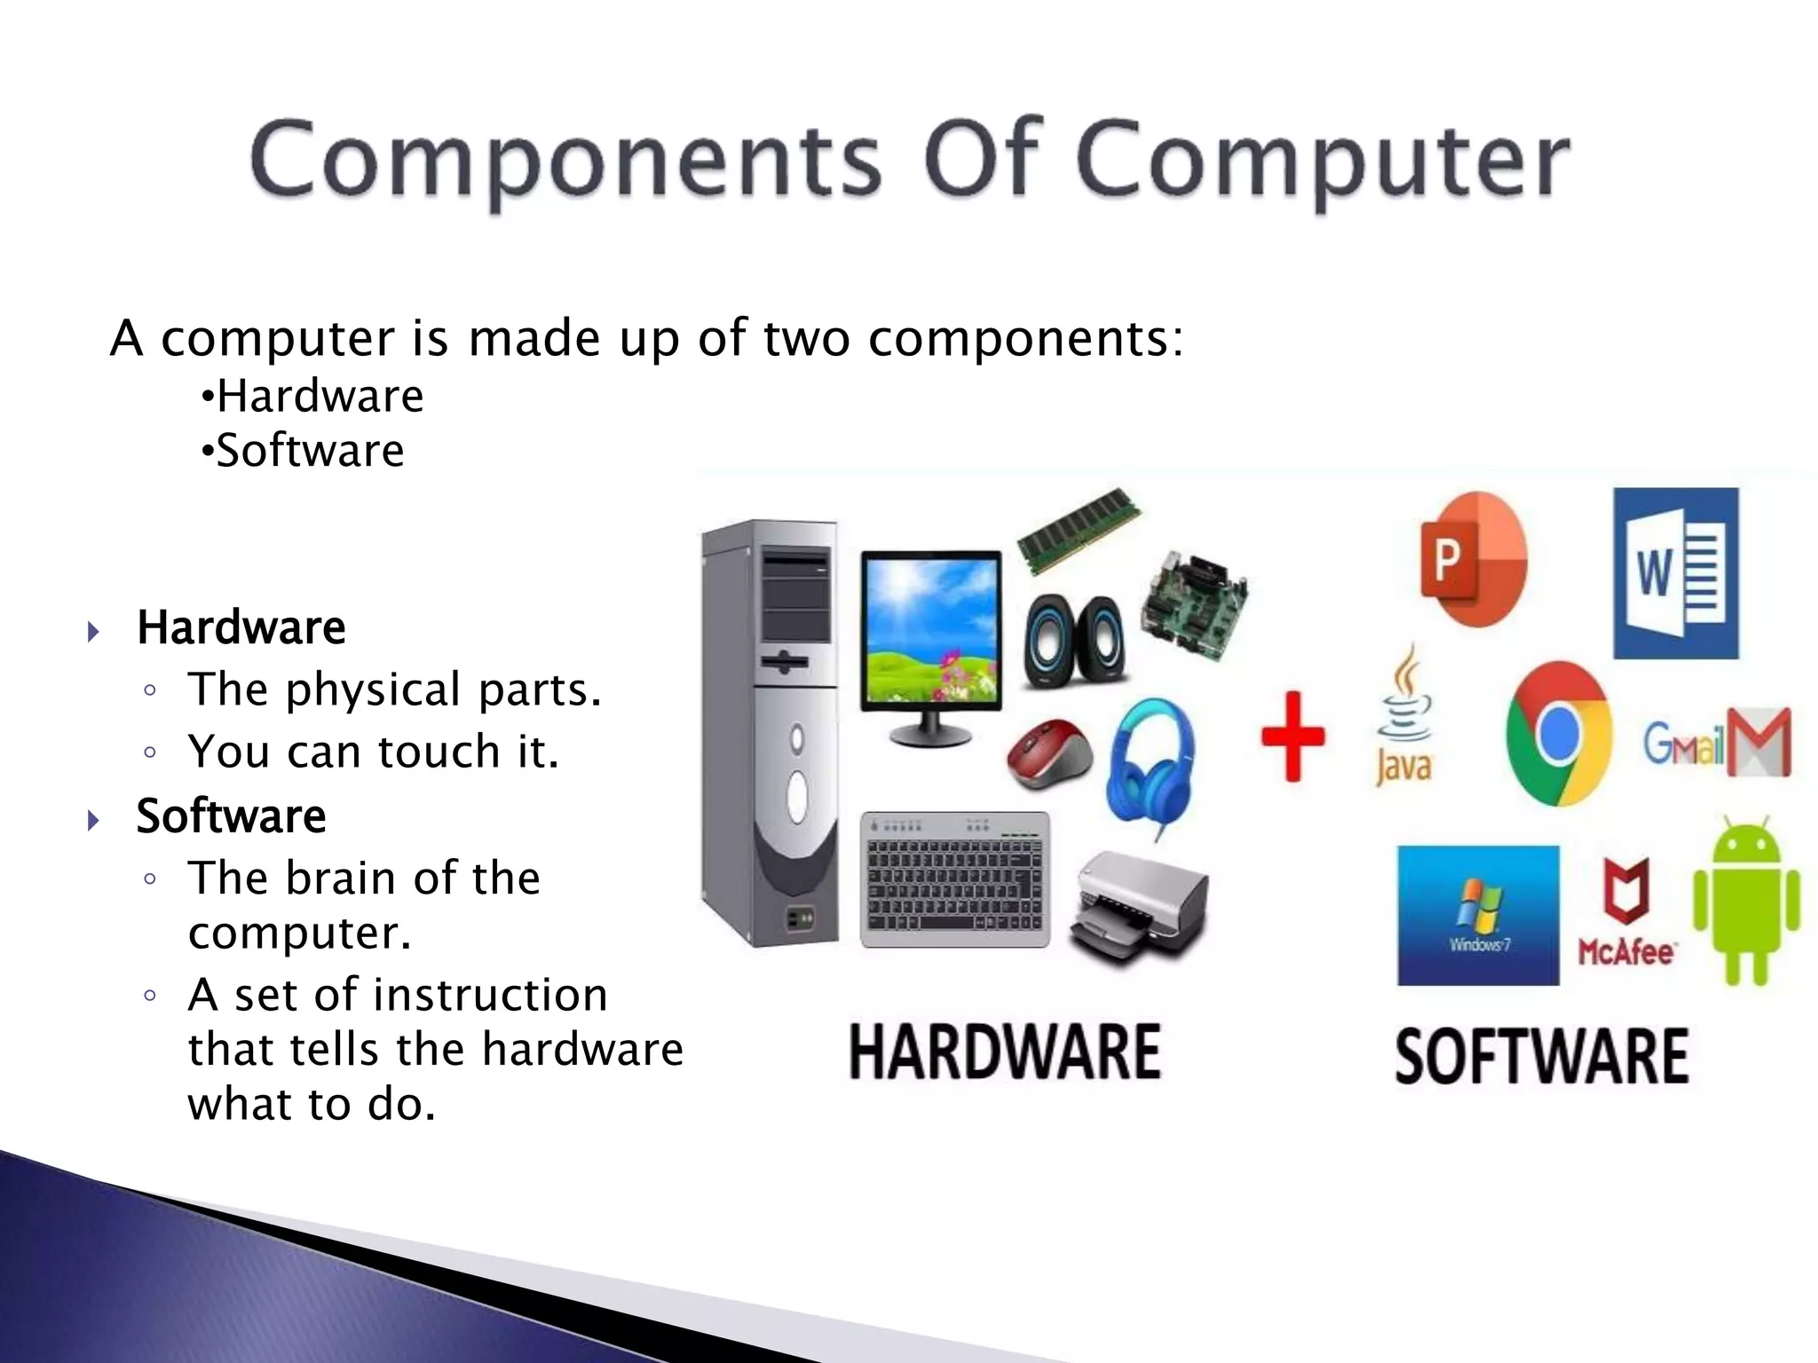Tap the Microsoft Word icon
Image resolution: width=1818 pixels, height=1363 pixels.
[1675, 573]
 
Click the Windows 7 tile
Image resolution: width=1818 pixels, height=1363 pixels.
[1478, 915]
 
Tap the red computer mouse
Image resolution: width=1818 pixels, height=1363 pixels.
[1049, 754]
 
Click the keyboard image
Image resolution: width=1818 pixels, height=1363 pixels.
[955, 879]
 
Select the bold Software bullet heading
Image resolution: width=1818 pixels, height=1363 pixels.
[231, 815]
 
